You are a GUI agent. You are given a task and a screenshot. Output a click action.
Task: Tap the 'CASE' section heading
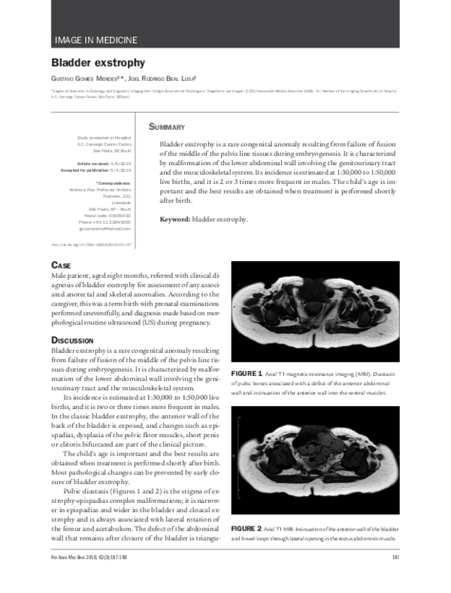[x=61, y=266]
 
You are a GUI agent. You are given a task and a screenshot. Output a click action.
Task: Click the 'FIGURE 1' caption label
[x=247, y=373]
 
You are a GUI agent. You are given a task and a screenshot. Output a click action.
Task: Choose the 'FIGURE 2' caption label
[x=247, y=528]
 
